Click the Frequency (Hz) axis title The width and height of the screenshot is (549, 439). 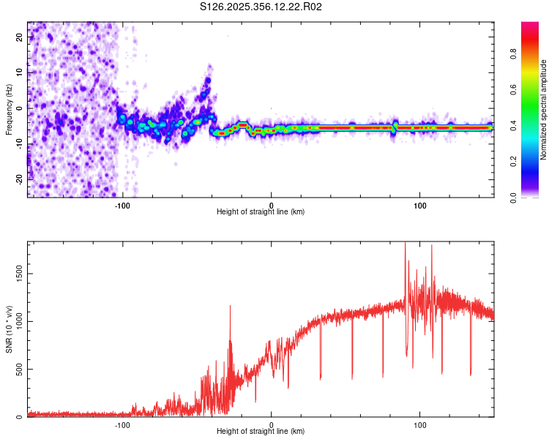(9, 110)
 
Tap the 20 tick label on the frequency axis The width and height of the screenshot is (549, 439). (20, 37)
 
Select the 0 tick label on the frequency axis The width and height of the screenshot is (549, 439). (20, 108)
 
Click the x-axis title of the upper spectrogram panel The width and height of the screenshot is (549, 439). (261, 212)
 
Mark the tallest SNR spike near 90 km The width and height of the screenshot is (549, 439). (406, 243)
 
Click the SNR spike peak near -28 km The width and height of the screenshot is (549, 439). (230, 306)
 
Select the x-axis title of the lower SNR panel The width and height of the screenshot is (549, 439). (261, 432)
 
